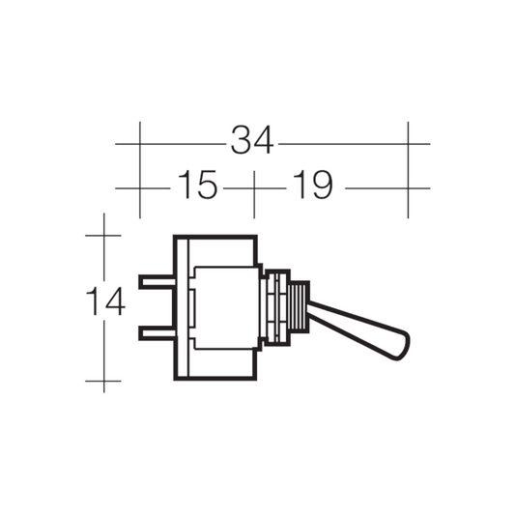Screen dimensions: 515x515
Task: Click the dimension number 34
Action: pos(252,140)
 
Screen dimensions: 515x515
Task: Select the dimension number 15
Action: pos(197,185)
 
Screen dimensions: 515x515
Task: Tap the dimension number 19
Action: pos(312,185)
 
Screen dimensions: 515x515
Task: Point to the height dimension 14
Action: pos(105,300)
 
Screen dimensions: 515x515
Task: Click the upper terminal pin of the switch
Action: pos(157,282)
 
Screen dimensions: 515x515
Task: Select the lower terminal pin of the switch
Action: pos(157,333)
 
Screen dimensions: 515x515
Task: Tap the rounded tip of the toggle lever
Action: pos(402,347)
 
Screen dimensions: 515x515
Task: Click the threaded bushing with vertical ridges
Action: pos(299,307)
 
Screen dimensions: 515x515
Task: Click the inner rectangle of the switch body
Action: pos(227,308)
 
